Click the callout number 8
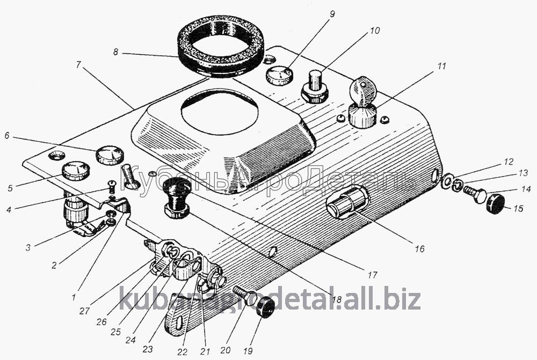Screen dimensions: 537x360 click(116, 52)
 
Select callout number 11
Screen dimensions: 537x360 click(442, 65)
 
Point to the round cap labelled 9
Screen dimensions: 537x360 click(280, 75)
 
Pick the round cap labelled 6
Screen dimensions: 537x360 click(110, 155)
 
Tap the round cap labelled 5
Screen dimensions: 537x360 click(76, 170)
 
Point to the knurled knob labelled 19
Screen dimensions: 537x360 click(265, 307)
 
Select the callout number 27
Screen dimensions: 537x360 click(85, 311)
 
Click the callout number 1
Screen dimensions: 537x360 click(73, 297)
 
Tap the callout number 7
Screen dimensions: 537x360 click(79, 64)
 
